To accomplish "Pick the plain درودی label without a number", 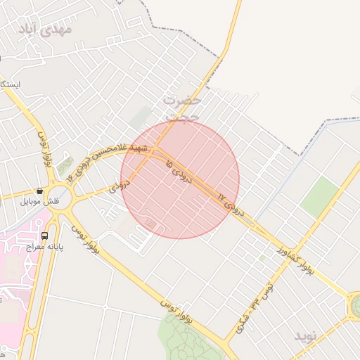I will pyautogui.click(x=121, y=187).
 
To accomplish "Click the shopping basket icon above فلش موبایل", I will pyautogui.click(x=40, y=191).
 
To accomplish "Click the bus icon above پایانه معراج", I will pyautogui.click(x=45, y=236).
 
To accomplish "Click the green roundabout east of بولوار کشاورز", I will pyautogui.click(x=355, y=305).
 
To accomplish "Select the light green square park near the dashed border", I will pyautogui.click(x=319, y=197).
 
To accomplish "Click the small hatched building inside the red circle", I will pyautogui.click(x=151, y=223).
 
